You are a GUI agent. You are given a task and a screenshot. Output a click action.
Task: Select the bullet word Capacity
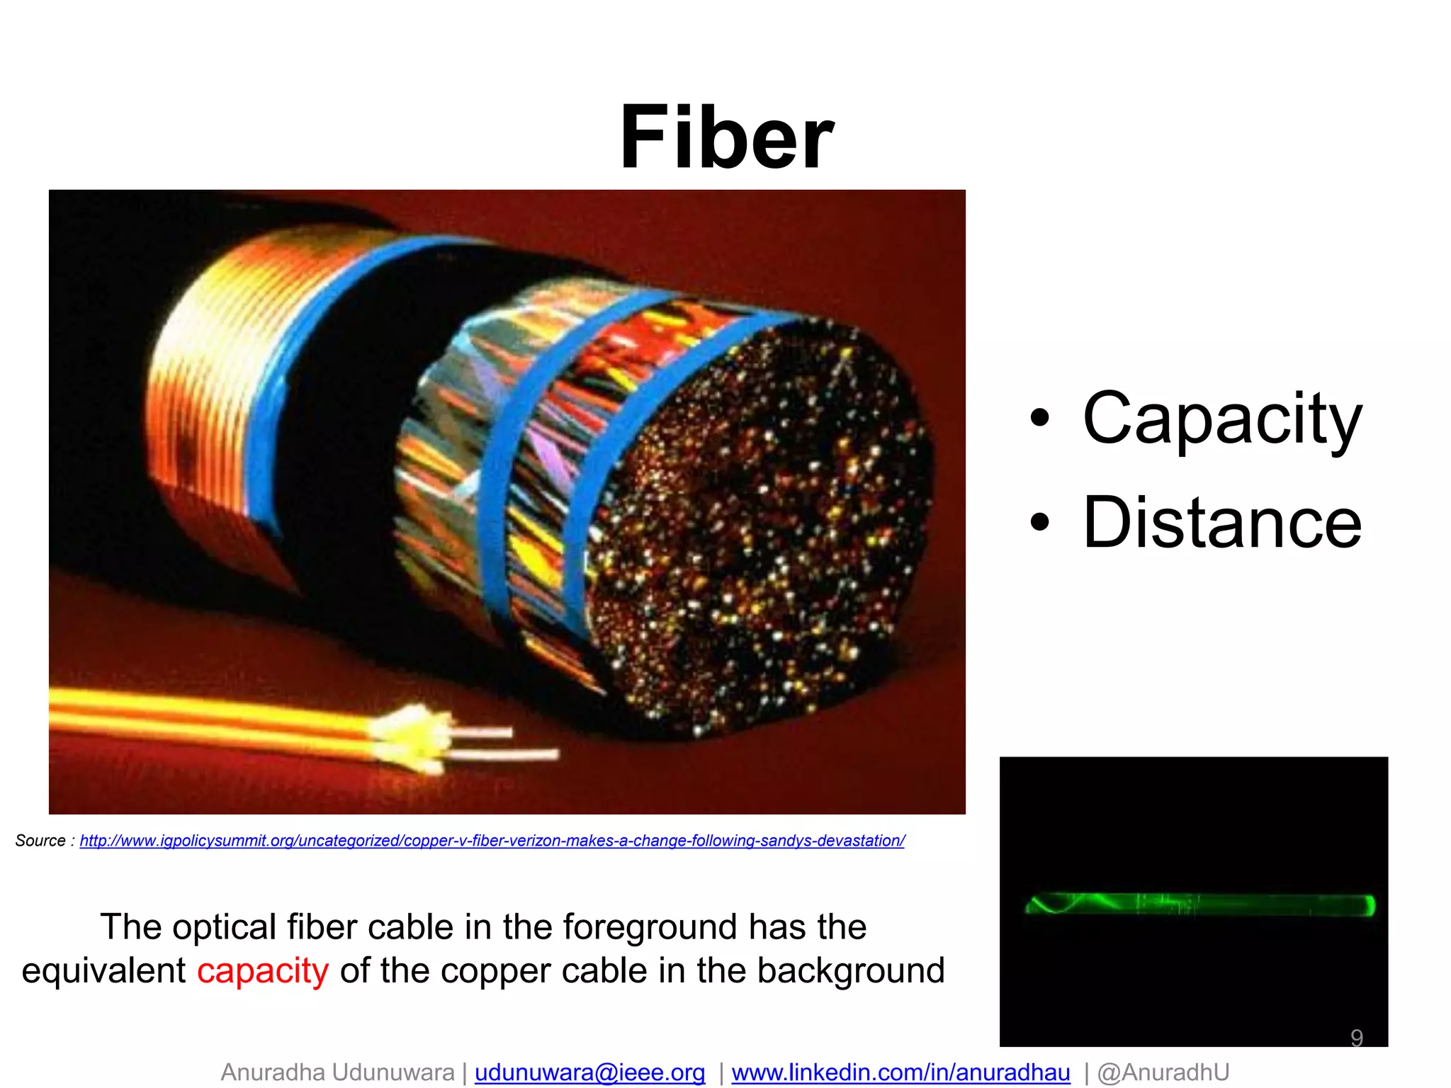click(x=1221, y=419)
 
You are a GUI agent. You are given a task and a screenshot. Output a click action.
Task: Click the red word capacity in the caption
click(x=263, y=970)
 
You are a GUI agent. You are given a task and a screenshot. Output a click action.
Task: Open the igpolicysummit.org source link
click(x=492, y=841)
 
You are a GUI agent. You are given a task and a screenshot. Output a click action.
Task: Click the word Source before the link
click(x=40, y=841)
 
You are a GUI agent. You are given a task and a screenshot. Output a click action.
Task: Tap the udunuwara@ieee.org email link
click(x=589, y=1072)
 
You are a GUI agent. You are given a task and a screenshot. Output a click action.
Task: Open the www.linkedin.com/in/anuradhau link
click(x=900, y=1072)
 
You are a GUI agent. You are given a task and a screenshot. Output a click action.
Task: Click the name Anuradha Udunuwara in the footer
click(x=337, y=1072)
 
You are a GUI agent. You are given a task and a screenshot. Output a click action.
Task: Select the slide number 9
click(x=1356, y=1038)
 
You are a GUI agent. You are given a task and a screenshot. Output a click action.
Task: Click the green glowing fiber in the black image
click(x=1200, y=905)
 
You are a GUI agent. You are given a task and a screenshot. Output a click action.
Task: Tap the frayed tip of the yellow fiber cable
click(x=411, y=737)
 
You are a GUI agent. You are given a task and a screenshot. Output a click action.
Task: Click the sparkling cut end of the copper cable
click(x=758, y=524)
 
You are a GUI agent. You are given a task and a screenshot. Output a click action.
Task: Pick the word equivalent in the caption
click(x=103, y=970)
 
